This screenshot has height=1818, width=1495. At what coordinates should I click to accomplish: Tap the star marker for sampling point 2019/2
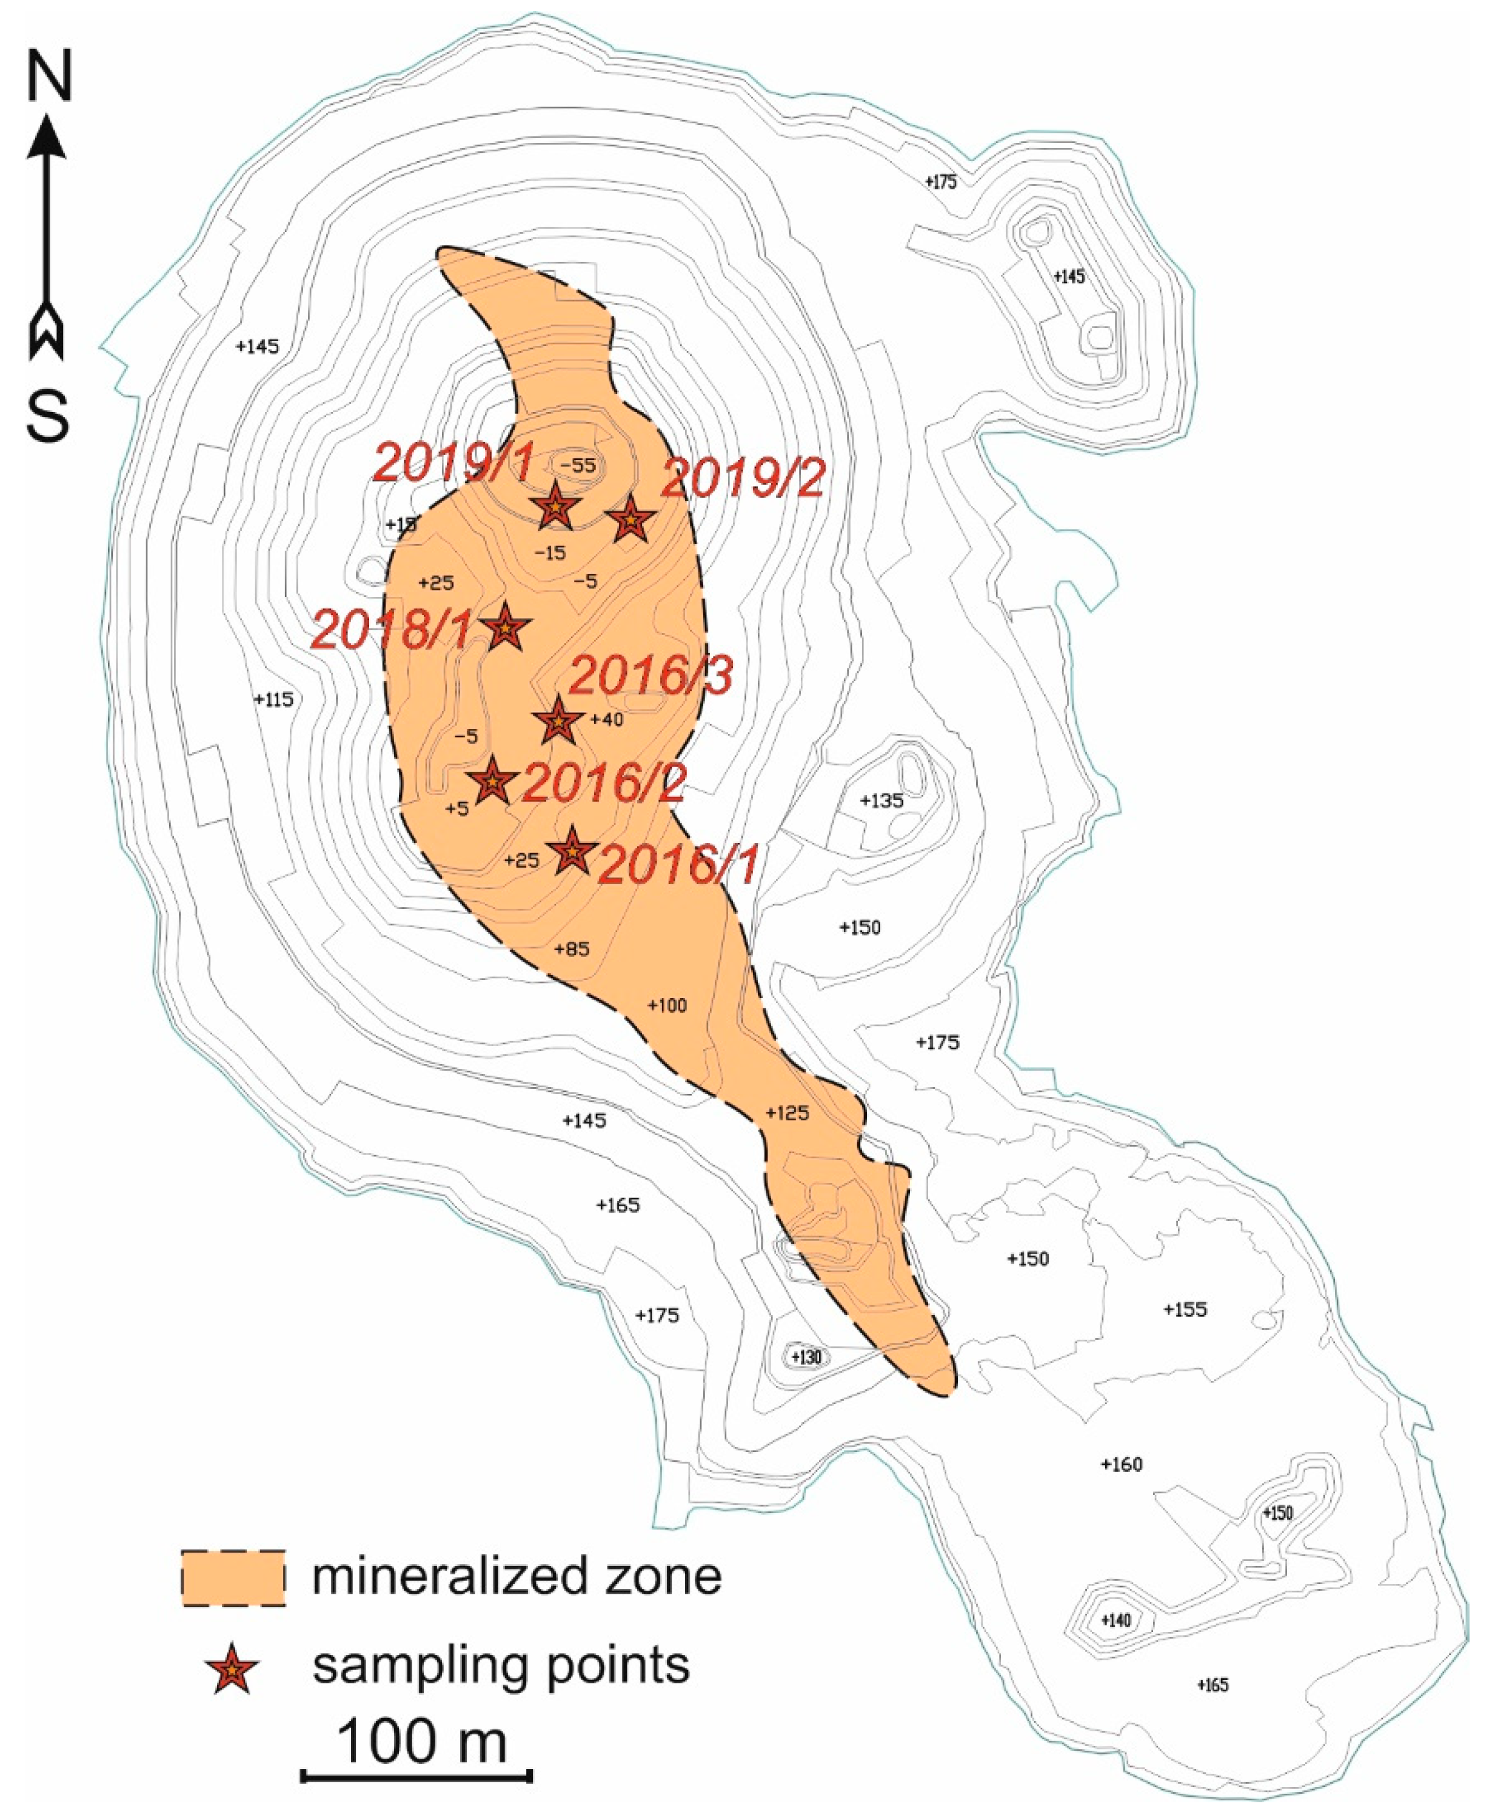[x=631, y=520]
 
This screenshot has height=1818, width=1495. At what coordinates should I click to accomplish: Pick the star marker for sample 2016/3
[x=557, y=721]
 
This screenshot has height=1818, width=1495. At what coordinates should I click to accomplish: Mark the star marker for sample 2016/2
[x=492, y=782]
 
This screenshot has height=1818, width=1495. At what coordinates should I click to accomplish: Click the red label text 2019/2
[x=742, y=479]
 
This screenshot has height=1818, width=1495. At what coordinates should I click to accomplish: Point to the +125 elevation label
[x=787, y=1113]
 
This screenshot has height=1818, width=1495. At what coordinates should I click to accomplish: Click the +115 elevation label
[x=274, y=700]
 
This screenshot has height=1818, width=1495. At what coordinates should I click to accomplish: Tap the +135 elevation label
[x=882, y=801]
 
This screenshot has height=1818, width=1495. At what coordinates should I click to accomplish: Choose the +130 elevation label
[x=806, y=1357]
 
